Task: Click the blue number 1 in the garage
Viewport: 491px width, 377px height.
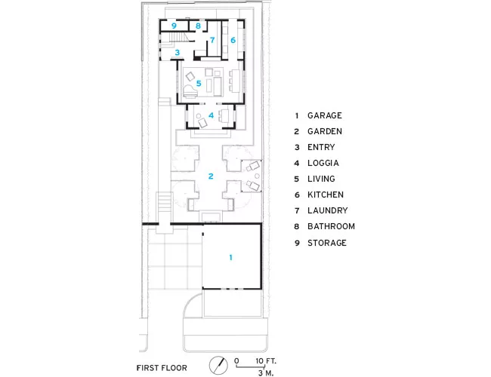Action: (231, 257)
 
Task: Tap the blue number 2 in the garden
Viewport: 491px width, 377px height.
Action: (211, 176)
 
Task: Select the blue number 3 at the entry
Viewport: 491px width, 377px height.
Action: (178, 52)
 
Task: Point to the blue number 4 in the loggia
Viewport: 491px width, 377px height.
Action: (211, 115)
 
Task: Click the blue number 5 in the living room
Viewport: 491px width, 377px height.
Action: (199, 84)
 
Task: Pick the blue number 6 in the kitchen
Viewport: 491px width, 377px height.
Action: (233, 40)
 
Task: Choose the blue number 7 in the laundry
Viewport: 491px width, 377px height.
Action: (212, 40)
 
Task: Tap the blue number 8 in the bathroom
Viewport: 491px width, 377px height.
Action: (198, 26)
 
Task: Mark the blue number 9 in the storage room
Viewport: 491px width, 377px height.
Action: (174, 26)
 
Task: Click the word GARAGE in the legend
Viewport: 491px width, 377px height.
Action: (324, 115)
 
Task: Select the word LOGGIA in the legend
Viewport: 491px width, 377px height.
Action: (323, 163)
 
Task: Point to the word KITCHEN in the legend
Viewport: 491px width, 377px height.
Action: (326, 195)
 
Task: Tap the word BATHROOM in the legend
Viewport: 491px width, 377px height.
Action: (331, 226)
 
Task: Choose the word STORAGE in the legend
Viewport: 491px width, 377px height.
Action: (327, 243)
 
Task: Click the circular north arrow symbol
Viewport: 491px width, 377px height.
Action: (218, 365)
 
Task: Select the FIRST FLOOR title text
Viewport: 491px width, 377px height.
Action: (162, 368)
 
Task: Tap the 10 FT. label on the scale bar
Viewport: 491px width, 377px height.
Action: (266, 361)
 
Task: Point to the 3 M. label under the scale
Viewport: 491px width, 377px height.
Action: (266, 372)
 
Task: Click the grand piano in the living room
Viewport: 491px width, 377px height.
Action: (190, 91)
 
